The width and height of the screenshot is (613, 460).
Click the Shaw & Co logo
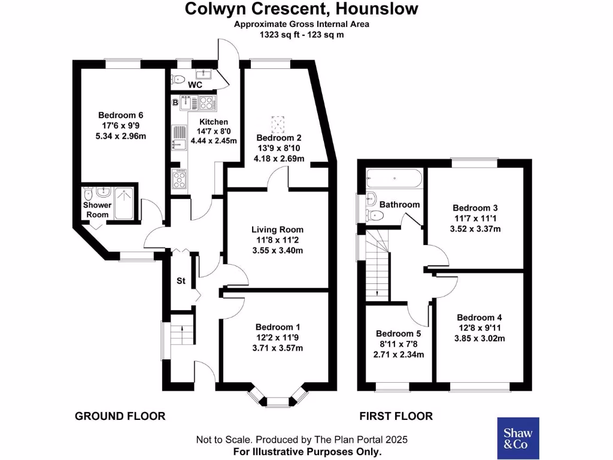pos(518,438)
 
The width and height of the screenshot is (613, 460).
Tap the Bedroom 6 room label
pos(121,115)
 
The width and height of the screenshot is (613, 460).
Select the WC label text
pos(195,85)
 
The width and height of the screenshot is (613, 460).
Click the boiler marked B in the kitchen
pos(175,103)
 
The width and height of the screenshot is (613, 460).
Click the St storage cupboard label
pos(180,280)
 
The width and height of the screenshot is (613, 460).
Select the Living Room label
pos(277,229)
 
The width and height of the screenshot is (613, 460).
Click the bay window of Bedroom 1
pos(276,398)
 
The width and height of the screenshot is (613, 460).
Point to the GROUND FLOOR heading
pos(120,416)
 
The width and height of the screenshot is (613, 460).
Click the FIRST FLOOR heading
pos(396,416)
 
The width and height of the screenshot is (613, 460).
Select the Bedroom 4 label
pos(479,317)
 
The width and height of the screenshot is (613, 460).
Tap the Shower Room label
pos(97,210)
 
